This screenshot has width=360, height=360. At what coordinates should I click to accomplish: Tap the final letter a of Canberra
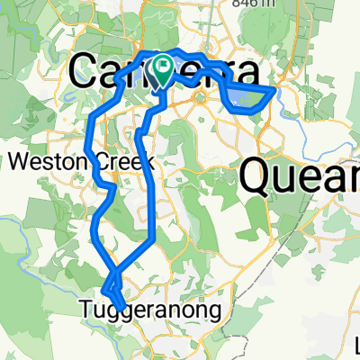(256, 72)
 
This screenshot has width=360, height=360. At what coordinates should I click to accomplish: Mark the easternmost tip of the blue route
(275, 87)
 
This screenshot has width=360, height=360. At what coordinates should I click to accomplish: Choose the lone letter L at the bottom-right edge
(356, 343)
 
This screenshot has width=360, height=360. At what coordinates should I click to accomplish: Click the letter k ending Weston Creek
(148, 163)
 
